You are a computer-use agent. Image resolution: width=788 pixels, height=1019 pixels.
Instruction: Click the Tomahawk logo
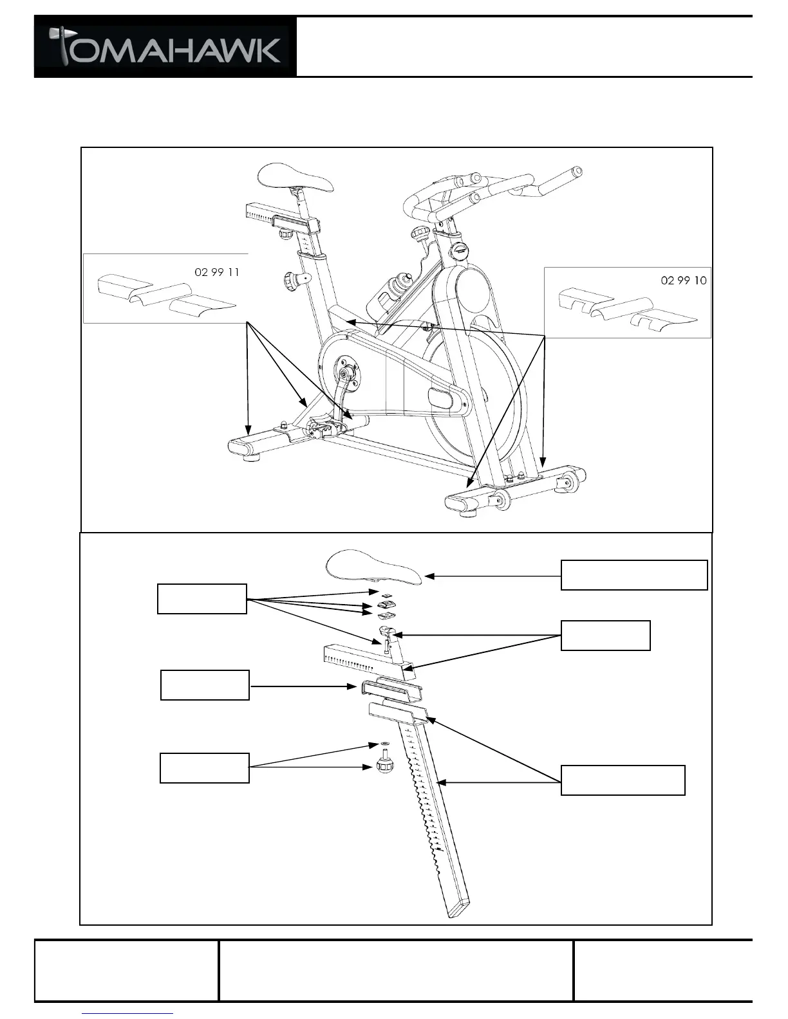[x=165, y=48]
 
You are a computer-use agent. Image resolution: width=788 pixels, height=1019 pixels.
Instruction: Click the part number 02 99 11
[x=216, y=272]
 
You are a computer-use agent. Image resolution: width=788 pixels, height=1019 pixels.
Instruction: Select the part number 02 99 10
[x=684, y=280]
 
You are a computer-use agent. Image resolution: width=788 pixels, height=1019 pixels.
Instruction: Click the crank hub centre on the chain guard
[x=346, y=372]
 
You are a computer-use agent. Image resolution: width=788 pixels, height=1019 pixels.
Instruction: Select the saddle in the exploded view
[x=374, y=567]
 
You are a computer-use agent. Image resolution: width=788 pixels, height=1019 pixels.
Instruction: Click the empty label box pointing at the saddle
[x=634, y=574]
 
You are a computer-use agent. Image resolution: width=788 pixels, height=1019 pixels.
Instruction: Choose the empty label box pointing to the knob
[x=204, y=768]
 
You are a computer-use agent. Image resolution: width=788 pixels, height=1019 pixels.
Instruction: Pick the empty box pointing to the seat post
[x=623, y=780]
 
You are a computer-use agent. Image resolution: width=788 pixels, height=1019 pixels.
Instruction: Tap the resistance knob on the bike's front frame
[x=422, y=233]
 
